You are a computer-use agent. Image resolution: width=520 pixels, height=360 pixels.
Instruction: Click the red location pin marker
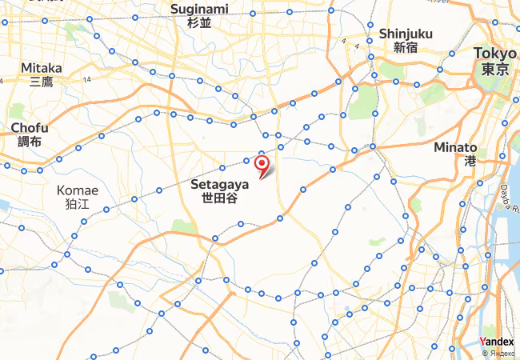pyautogui.click(x=262, y=164)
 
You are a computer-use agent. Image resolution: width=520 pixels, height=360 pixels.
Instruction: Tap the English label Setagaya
pyautogui.click(x=220, y=184)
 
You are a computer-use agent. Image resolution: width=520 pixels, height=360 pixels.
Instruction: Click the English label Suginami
pyautogui.click(x=199, y=9)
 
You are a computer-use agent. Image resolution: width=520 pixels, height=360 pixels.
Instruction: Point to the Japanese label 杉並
pyautogui.click(x=199, y=22)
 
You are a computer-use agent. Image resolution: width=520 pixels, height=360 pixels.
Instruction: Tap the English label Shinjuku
pyautogui.click(x=406, y=34)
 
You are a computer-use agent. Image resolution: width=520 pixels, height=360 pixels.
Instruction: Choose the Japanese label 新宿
pyautogui.click(x=406, y=47)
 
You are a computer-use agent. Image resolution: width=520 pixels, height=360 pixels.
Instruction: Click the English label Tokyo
pyautogui.click(x=495, y=53)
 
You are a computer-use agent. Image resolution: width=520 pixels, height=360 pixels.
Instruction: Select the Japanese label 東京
pyautogui.click(x=495, y=69)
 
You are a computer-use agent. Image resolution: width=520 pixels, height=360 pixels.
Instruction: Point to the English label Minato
pyautogui.click(x=455, y=147)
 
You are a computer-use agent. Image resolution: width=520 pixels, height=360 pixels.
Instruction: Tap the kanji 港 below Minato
pyautogui.click(x=470, y=161)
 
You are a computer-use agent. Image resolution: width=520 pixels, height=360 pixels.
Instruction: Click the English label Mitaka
pyautogui.click(x=42, y=67)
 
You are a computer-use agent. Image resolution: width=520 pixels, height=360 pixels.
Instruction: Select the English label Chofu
pyautogui.click(x=30, y=128)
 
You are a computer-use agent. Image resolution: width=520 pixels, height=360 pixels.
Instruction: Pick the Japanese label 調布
pyautogui.click(x=30, y=142)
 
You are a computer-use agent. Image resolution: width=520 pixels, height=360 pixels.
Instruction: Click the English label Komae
pyautogui.click(x=78, y=190)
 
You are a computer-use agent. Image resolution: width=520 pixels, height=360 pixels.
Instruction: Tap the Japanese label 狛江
pyautogui.click(x=78, y=204)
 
